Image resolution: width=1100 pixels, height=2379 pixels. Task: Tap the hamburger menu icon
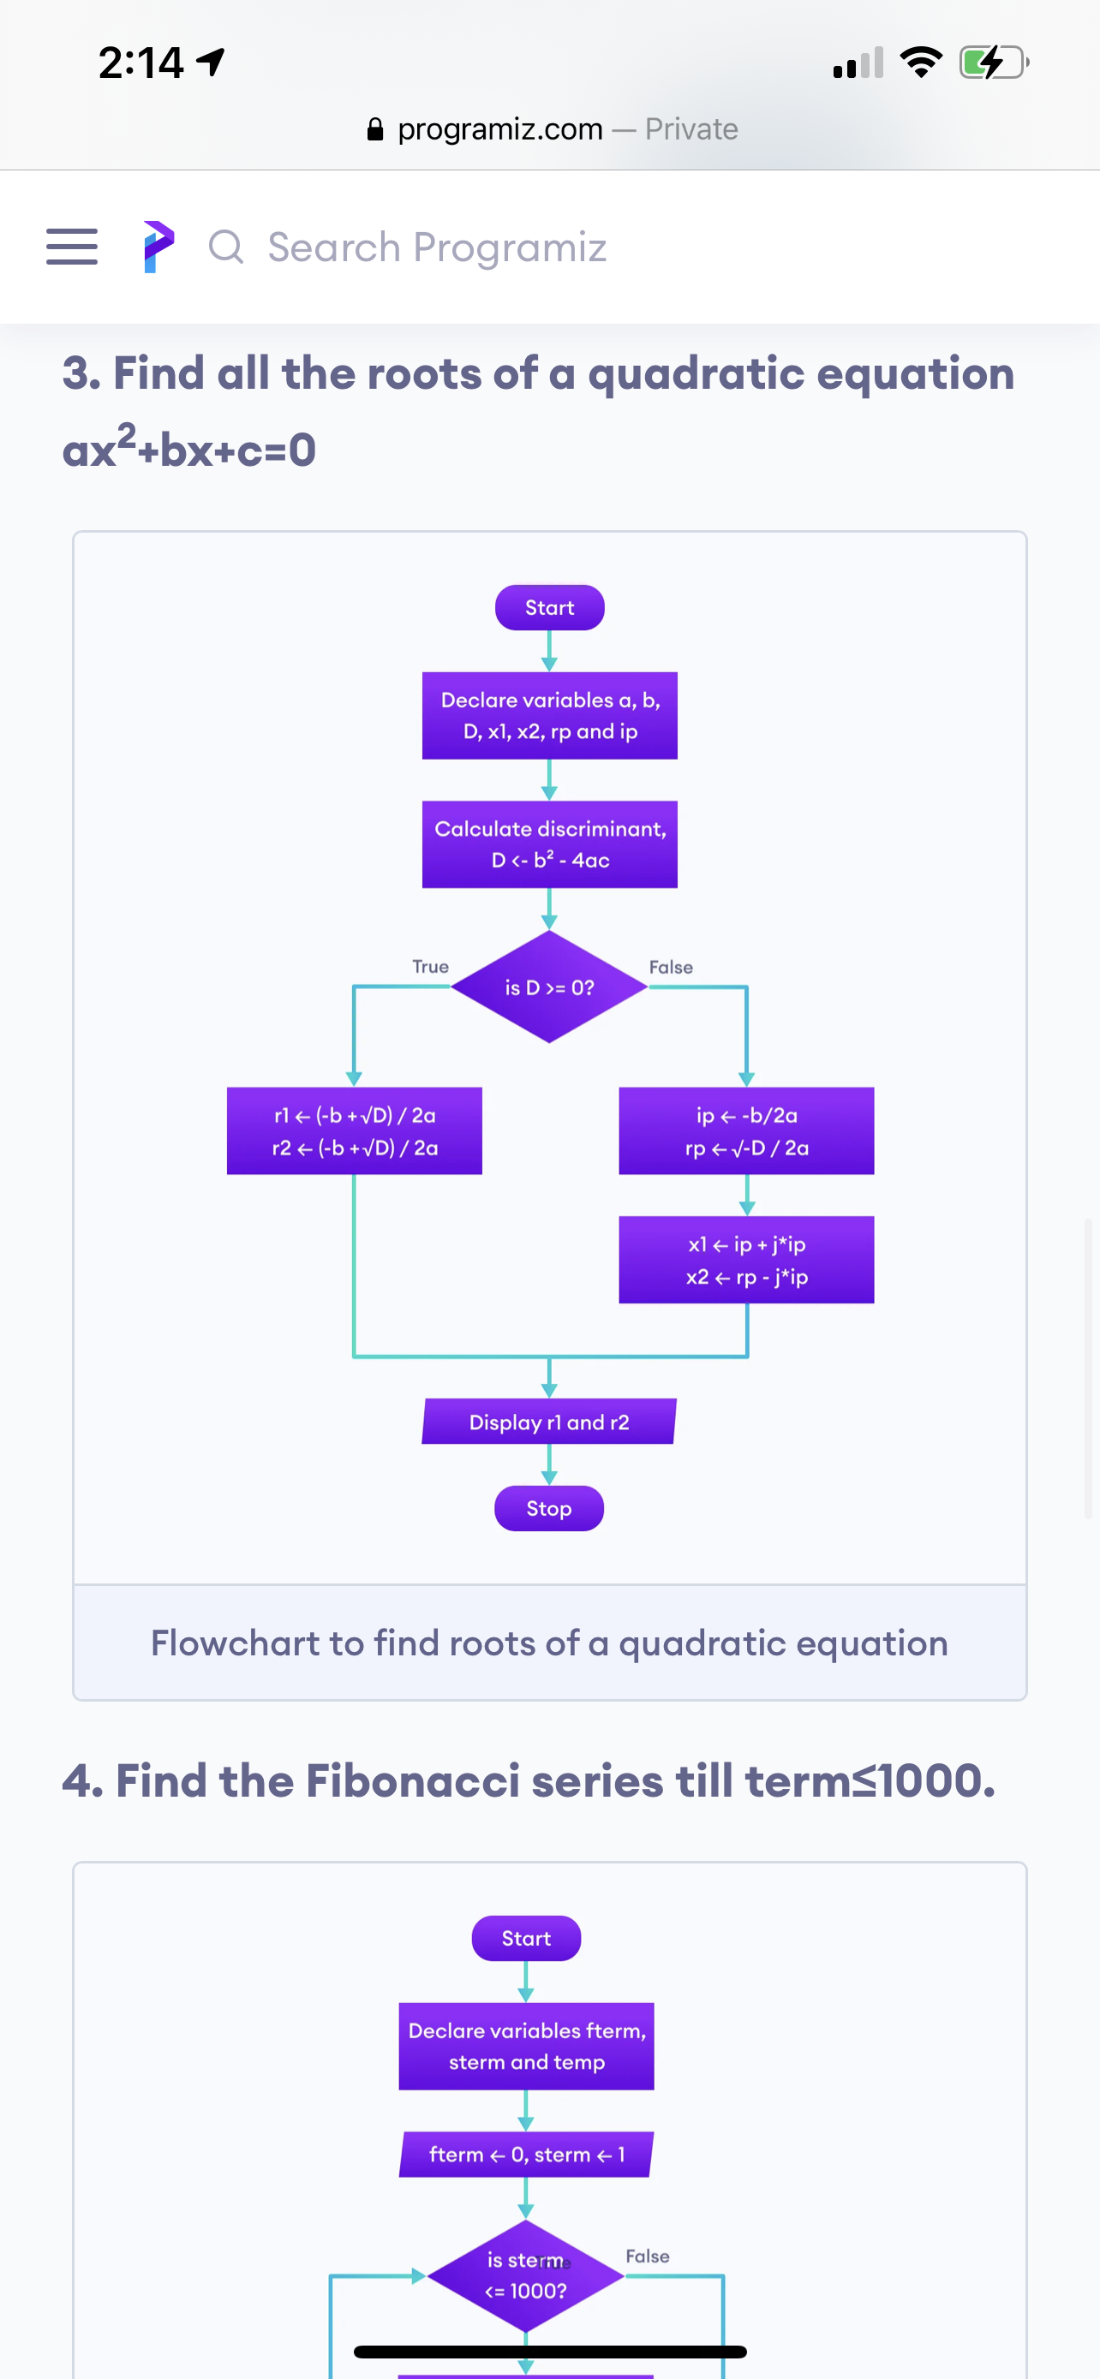tap(72, 247)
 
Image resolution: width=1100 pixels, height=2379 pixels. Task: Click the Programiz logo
tap(158, 247)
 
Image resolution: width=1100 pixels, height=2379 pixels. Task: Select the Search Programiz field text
tap(437, 247)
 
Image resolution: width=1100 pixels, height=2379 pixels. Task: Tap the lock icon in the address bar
tap(375, 129)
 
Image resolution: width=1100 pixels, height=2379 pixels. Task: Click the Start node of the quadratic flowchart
tap(549, 608)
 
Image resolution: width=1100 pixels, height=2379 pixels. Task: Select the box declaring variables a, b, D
tap(549, 716)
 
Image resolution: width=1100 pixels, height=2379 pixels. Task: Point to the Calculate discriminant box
tap(549, 844)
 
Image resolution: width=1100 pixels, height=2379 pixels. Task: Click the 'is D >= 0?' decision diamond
tap(549, 987)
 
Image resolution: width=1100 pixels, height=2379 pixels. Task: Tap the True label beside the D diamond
tap(430, 966)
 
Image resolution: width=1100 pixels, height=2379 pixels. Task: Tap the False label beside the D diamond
tap(671, 967)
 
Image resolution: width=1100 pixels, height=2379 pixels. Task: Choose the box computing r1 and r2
tap(355, 1130)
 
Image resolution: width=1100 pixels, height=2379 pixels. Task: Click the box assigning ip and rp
tap(746, 1130)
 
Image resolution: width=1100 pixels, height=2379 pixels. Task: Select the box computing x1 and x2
tap(746, 1260)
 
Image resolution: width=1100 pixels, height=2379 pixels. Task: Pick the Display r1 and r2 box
tap(549, 1422)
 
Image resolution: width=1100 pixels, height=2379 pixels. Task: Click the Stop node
tap(549, 1508)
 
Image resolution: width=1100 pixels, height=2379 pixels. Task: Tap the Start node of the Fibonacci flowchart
tap(527, 1939)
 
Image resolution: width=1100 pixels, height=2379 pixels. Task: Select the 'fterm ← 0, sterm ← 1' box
tap(527, 2155)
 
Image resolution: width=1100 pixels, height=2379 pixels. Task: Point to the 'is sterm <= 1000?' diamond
tap(527, 2275)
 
